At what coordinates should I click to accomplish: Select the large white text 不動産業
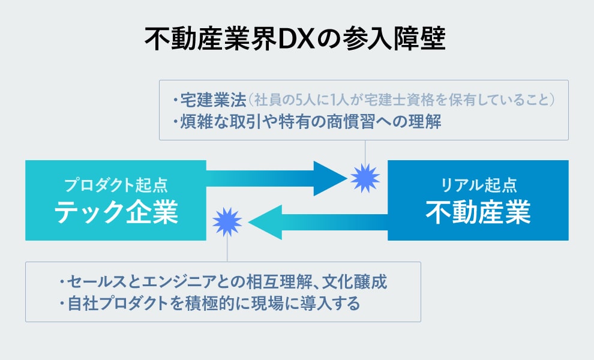pos(478,211)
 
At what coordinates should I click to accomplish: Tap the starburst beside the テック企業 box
pos(227,222)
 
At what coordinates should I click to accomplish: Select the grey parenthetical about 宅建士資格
pos(401,98)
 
